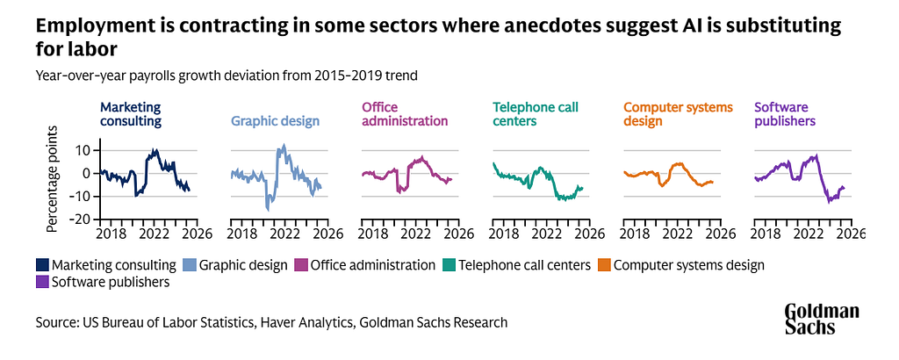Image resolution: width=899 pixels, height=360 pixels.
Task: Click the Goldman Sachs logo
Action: coord(822,319)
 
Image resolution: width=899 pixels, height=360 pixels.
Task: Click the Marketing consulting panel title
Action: coord(130,115)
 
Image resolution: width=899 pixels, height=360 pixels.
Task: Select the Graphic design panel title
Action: coord(274,121)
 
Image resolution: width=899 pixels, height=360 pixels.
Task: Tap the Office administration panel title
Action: coord(405,115)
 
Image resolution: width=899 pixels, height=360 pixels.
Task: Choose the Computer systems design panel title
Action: coord(678,115)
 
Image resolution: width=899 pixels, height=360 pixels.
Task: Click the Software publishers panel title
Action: coord(785,115)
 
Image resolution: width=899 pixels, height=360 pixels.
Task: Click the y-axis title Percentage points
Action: coord(52,179)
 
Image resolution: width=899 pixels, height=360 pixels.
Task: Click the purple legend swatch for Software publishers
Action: coord(43,283)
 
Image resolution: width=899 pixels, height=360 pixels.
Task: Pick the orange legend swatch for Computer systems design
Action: coord(604,264)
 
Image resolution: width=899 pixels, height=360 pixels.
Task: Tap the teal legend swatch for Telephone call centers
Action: coord(449,264)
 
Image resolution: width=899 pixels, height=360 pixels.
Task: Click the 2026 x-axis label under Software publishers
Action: coord(850,234)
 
